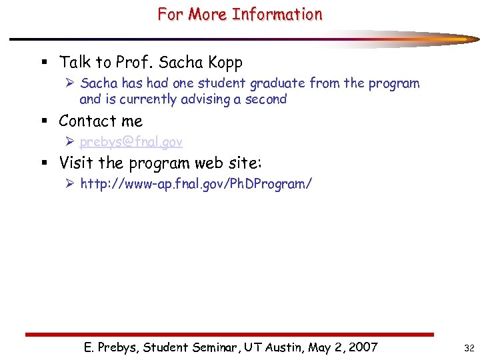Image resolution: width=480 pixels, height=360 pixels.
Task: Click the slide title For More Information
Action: [240, 14]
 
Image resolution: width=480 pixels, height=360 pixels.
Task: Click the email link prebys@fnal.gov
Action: [131, 142]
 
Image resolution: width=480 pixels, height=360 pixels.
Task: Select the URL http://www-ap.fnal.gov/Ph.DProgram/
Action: [195, 184]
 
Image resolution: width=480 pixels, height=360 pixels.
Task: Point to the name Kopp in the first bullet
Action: [225, 63]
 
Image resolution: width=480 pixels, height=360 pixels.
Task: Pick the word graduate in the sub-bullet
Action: [279, 83]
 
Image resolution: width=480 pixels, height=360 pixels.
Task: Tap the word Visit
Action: [76, 163]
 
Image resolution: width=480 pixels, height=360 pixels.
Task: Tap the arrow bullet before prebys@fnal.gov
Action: [71, 142]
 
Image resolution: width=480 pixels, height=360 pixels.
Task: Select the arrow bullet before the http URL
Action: [71, 184]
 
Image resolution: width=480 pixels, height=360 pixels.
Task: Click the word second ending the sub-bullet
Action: [266, 99]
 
